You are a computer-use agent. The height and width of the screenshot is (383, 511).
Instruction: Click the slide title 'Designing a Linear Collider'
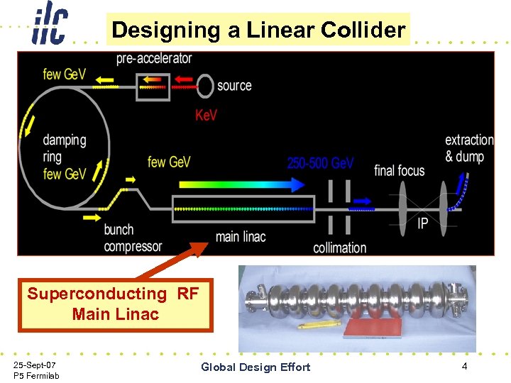[258, 30]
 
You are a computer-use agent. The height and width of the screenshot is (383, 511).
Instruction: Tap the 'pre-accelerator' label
[154, 58]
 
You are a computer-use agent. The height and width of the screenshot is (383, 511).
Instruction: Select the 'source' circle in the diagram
[205, 86]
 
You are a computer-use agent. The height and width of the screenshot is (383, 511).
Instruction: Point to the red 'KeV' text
[206, 114]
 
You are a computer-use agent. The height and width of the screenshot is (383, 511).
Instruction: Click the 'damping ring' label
[64, 148]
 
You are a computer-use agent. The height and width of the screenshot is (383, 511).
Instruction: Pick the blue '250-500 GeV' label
[320, 163]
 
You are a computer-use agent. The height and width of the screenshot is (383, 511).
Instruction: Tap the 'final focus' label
[399, 170]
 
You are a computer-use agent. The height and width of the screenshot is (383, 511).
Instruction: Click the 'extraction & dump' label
[468, 148]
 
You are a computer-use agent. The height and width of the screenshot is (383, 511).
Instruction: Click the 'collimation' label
[339, 248]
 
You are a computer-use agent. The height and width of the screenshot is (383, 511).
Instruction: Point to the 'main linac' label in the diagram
[240, 236]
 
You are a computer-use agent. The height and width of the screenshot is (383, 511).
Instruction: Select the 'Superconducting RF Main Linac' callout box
[116, 304]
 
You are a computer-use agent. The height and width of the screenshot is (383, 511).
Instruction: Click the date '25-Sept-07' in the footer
[35, 364]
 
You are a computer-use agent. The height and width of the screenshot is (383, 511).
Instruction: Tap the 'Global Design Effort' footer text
[255, 367]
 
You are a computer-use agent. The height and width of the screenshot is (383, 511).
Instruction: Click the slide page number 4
[464, 366]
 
